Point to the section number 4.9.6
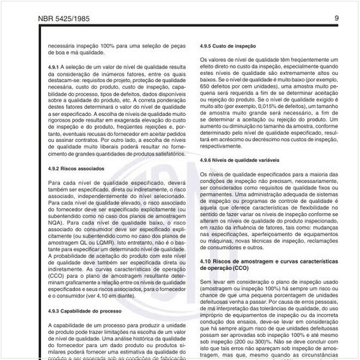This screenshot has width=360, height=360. point(209,159)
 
